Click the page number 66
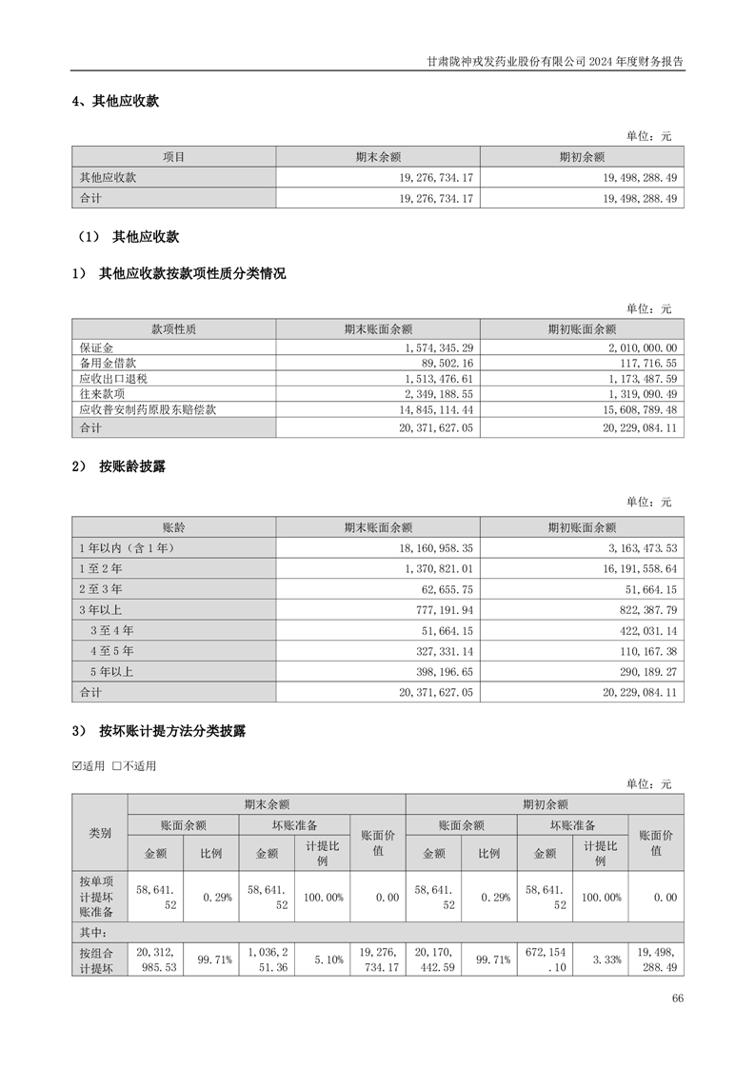click(x=677, y=999)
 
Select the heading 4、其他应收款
click(x=115, y=102)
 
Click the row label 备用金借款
click(x=109, y=363)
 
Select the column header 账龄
click(x=173, y=527)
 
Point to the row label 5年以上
click(x=111, y=672)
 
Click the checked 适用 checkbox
click(x=78, y=766)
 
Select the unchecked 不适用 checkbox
click(x=117, y=766)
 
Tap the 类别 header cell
click(x=100, y=832)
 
